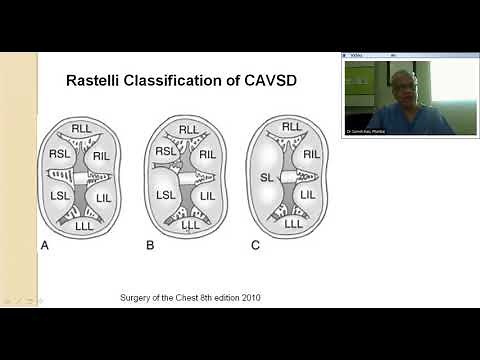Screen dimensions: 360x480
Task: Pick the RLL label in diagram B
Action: click(x=187, y=128)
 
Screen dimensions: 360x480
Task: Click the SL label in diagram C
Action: click(x=267, y=177)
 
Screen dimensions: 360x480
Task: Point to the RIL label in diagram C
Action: click(x=311, y=154)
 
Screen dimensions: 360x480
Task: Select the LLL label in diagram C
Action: click(x=292, y=224)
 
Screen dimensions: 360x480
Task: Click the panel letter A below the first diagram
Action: click(x=44, y=245)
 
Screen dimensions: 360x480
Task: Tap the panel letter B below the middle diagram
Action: click(x=150, y=245)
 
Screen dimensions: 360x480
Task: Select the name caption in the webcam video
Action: click(x=365, y=129)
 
